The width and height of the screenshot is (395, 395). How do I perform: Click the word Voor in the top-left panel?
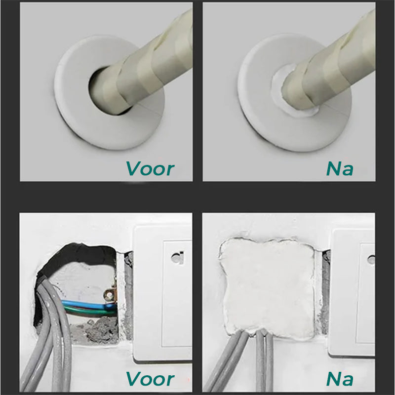pos(150,168)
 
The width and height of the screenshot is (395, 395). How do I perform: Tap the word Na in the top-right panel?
pos(340,168)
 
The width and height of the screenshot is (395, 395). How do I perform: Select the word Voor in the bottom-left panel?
pos(150,379)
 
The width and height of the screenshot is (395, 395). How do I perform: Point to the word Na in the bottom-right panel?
pos(340,379)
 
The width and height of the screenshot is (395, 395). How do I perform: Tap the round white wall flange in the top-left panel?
pos(79,118)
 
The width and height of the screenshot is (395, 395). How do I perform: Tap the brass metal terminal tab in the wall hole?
pos(110,296)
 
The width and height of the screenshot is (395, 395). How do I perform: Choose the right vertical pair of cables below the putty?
pos(264,360)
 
